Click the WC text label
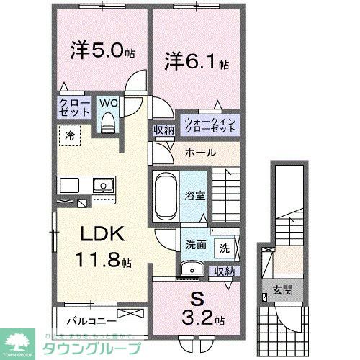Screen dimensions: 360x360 pos(108,102)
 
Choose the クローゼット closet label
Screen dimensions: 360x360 pos(74,109)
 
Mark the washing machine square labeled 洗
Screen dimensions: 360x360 pos(225,248)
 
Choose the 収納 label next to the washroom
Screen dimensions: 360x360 pos(225,271)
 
